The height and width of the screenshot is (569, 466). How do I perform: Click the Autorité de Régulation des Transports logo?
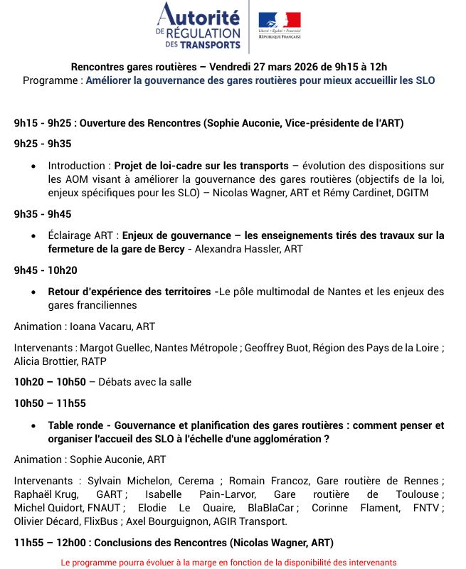pos(199,26)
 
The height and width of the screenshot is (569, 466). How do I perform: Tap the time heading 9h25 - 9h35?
pos(43,144)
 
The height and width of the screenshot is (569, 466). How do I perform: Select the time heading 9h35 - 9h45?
pos(43,214)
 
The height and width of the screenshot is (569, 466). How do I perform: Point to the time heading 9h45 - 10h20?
pos(46,270)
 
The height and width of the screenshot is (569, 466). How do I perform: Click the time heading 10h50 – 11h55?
pos(50,403)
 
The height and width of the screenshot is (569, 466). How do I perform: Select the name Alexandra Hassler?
pos(238,249)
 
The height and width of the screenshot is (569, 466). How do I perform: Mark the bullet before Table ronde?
pos(34,425)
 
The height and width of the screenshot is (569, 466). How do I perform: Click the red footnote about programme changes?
pos(228,562)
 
